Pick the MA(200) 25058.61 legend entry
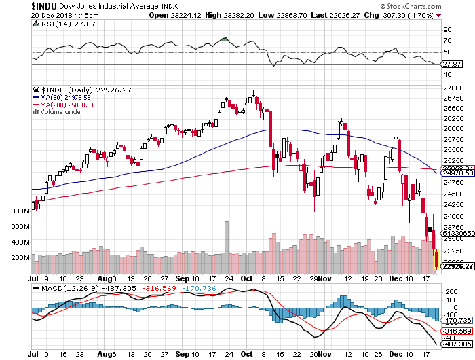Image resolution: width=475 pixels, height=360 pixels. pos(66,105)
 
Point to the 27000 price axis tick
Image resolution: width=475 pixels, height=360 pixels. pos(453,88)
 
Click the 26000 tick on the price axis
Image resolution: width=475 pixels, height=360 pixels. pos(453,129)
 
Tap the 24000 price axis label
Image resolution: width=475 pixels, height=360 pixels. pos(453,216)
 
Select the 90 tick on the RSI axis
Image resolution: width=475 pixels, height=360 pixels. pos(448,30)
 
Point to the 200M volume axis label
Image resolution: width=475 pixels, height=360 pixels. pos(20,259)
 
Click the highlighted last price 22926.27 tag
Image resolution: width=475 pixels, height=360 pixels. pos(457,266)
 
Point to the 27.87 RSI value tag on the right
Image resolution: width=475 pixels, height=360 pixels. pos(452,64)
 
